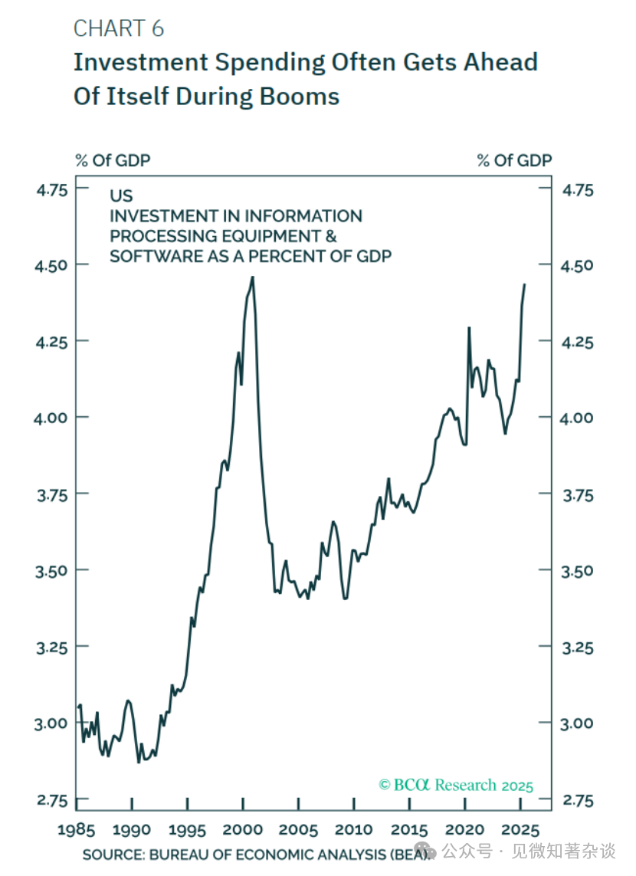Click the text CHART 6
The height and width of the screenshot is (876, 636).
[x=119, y=29]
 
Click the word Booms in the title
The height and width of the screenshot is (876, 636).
[x=303, y=97]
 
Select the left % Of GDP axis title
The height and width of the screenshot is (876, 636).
[x=112, y=160]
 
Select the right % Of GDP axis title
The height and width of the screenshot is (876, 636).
[x=514, y=160]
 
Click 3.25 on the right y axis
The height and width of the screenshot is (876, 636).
[x=578, y=648]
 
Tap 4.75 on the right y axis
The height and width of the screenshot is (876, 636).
[x=578, y=189]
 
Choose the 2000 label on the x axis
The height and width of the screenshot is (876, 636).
[x=243, y=829]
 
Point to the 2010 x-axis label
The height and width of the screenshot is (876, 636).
[x=354, y=829]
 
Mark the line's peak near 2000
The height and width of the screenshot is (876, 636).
[x=253, y=278]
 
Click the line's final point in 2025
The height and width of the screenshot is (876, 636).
[x=525, y=284]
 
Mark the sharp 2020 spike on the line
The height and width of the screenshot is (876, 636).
[x=469, y=328]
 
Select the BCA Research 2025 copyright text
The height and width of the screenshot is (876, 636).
[x=456, y=785]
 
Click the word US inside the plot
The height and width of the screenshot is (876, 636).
[x=121, y=196]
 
